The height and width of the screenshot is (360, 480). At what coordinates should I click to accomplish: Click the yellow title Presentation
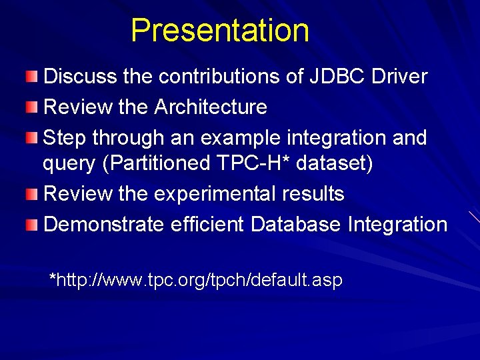click(x=220, y=31)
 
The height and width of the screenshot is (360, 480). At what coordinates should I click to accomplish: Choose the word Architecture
click(x=210, y=107)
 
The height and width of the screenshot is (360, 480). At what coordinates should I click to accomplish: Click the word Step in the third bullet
click(x=65, y=137)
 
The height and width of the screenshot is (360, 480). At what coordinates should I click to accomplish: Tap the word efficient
click(x=207, y=225)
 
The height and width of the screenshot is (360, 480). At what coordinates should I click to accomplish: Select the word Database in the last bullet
click(x=296, y=225)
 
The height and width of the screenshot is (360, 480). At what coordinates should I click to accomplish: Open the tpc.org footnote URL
click(x=197, y=280)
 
